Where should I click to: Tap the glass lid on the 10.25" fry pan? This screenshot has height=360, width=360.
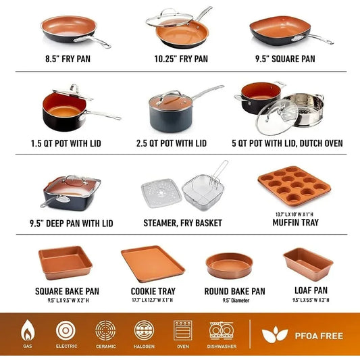tap(174, 20)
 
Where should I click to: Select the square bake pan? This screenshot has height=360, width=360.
tap(65, 263)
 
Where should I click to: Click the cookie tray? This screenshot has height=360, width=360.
tap(152, 263)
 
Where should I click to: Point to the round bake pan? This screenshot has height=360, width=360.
tap(229, 265)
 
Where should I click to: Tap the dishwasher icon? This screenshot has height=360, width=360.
tap(222, 330)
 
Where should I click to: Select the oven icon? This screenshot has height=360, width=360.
tap(183, 330)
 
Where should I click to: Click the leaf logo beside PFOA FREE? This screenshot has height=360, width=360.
tap(275, 335)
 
